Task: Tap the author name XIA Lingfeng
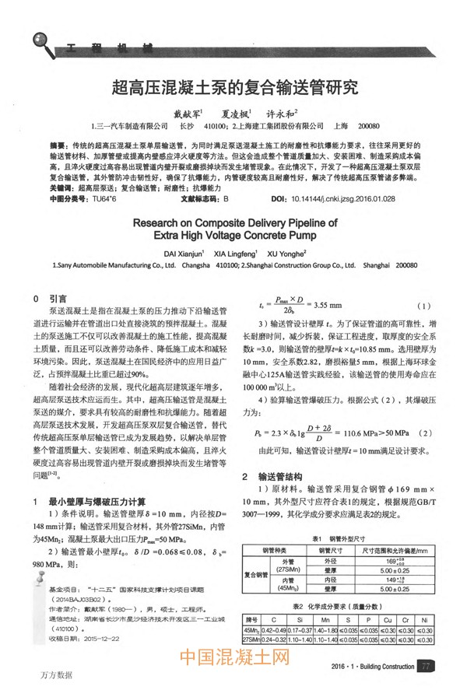pyautogui.click(x=235, y=253)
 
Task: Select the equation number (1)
pyautogui.click(x=424, y=304)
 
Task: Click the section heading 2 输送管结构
pyautogui.click(x=266, y=476)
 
